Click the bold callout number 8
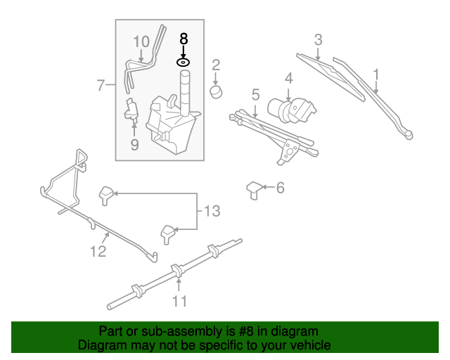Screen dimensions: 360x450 coord(184,39)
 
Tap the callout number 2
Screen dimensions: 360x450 coord(216,66)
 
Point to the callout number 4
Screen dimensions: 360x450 coord(288,77)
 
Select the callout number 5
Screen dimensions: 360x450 coord(255,94)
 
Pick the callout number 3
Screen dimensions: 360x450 coord(318,39)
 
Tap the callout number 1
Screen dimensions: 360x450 coord(376,74)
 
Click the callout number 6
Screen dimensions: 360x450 coord(280,188)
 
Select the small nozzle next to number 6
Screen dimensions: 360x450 coord(254,189)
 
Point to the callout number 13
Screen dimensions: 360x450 coord(212,210)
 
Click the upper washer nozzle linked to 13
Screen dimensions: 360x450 coord(107,193)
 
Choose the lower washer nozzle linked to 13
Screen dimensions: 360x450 coord(169,232)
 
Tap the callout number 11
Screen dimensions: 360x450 coord(180,301)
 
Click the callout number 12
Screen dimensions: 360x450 coord(98,250)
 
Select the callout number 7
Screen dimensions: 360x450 coord(101,86)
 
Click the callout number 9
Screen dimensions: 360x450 coord(134,144)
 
